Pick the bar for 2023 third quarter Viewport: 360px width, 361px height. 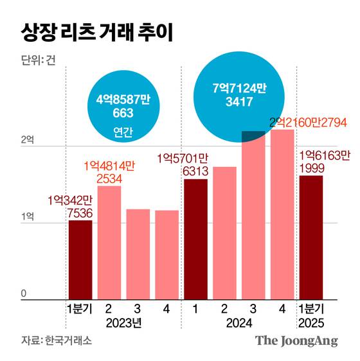tap(138, 254)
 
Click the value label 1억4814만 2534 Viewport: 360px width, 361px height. tap(109, 172)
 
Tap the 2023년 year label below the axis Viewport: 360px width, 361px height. tap(123, 323)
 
